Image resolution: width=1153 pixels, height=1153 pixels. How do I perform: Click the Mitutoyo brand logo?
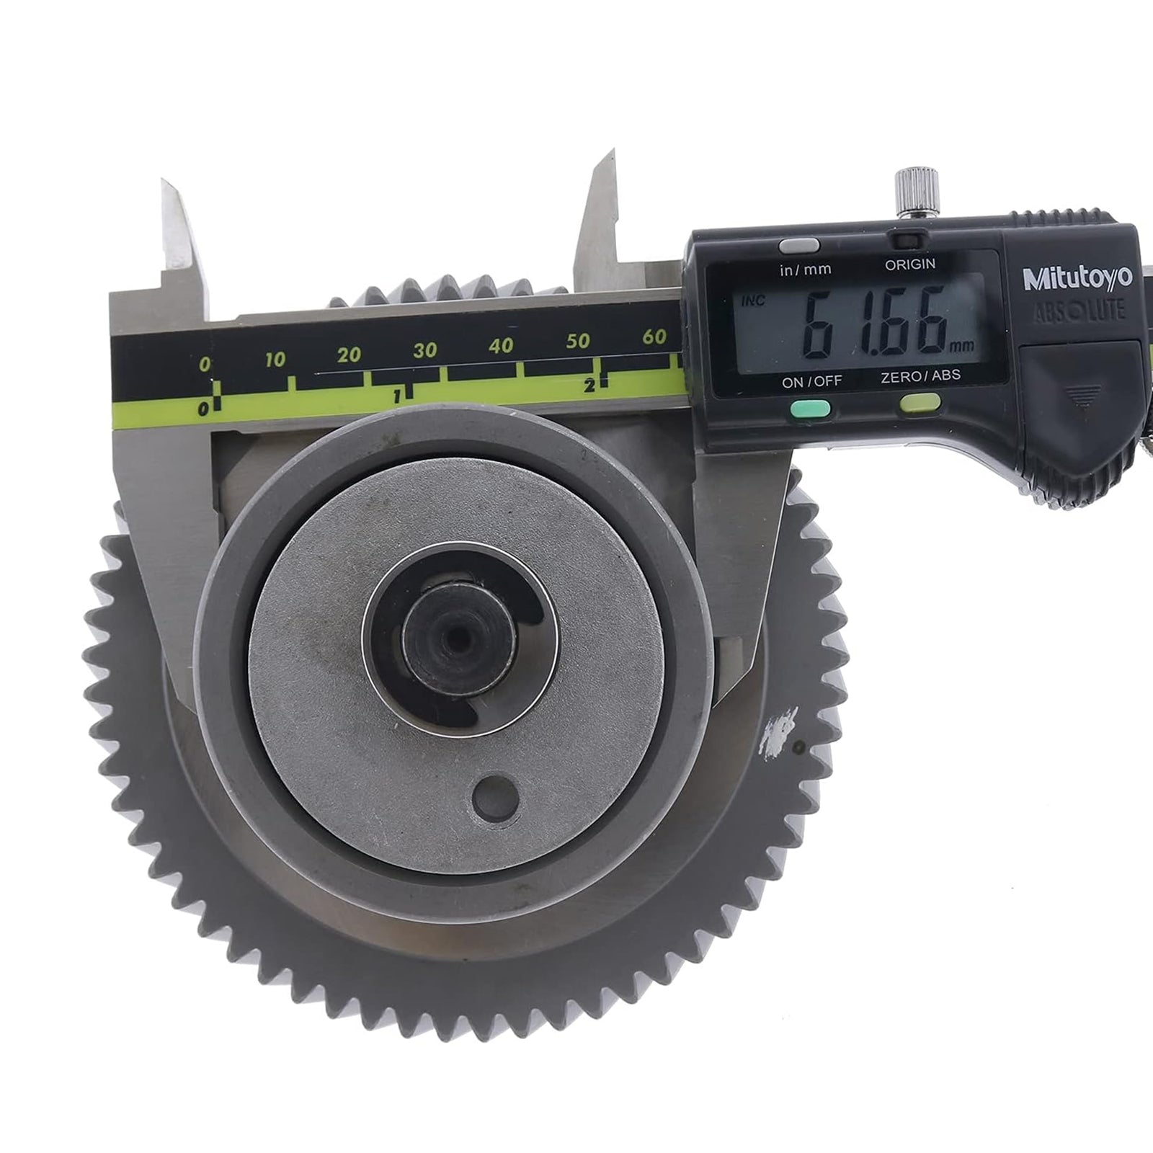pos(1078,277)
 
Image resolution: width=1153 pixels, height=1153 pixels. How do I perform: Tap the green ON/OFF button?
pos(811,409)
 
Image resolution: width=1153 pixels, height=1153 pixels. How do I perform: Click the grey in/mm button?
pos(799,245)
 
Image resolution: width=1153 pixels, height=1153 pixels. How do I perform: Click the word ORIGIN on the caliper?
pos(910,264)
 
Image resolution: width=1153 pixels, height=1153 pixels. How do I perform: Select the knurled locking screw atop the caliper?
pos(917,191)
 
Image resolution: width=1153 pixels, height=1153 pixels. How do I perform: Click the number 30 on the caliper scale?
pos(425,350)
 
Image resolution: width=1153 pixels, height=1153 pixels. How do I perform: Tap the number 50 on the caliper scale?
pos(578,341)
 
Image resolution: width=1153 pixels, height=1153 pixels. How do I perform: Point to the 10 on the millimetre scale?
pos(275,359)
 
